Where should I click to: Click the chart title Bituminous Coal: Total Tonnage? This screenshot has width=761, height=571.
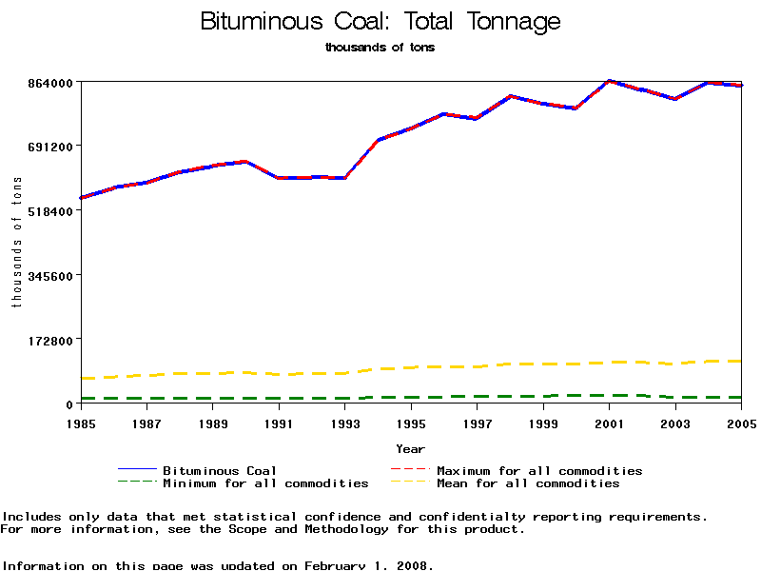(x=380, y=22)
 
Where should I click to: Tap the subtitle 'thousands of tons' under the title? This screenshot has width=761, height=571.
(x=380, y=47)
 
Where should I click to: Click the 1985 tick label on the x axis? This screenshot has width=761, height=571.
(x=81, y=423)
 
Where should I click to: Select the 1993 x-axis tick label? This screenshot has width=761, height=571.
(x=345, y=423)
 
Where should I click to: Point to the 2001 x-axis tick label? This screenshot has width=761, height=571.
(x=610, y=423)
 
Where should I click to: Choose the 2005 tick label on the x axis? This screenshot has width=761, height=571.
(x=741, y=423)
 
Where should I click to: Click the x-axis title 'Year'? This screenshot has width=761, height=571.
(x=411, y=448)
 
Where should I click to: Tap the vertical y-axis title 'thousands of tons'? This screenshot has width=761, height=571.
(x=16, y=243)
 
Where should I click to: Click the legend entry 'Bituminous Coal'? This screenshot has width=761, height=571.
(x=220, y=470)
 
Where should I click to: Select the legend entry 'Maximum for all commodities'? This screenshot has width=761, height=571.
(x=539, y=470)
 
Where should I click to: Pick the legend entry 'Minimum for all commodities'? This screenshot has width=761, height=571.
(x=265, y=483)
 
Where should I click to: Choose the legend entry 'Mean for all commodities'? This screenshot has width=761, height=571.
(x=528, y=483)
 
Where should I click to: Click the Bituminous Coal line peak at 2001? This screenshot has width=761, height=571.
(x=610, y=81)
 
